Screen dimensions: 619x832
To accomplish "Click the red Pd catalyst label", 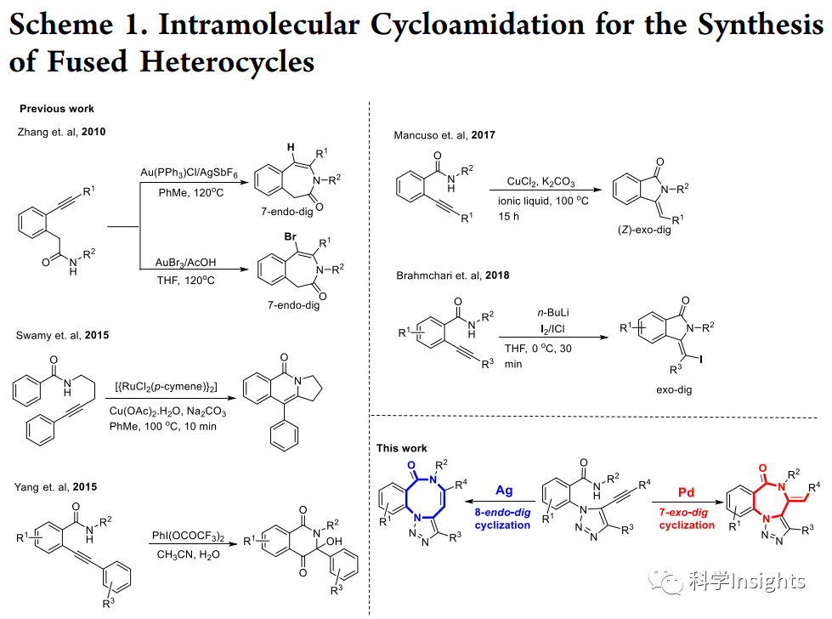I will pyautogui.click(x=687, y=492).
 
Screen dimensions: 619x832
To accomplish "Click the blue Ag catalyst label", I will pyautogui.click(x=505, y=491).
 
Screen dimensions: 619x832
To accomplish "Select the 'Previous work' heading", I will pyautogui.click(x=57, y=109).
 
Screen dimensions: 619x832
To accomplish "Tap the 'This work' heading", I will pyautogui.click(x=402, y=448).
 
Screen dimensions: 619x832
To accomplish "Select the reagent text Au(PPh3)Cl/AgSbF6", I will pyautogui.click(x=190, y=173).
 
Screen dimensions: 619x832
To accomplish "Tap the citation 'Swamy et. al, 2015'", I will pyautogui.click(x=63, y=335).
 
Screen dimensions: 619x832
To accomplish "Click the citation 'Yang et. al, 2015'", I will pyautogui.click(x=57, y=487).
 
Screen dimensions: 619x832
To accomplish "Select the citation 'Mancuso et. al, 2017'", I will pyautogui.click(x=444, y=135).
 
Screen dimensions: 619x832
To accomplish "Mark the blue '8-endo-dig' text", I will pyautogui.click(x=505, y=513).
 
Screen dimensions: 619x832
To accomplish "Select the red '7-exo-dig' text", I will pyautogui.click(x=686, y=513).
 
